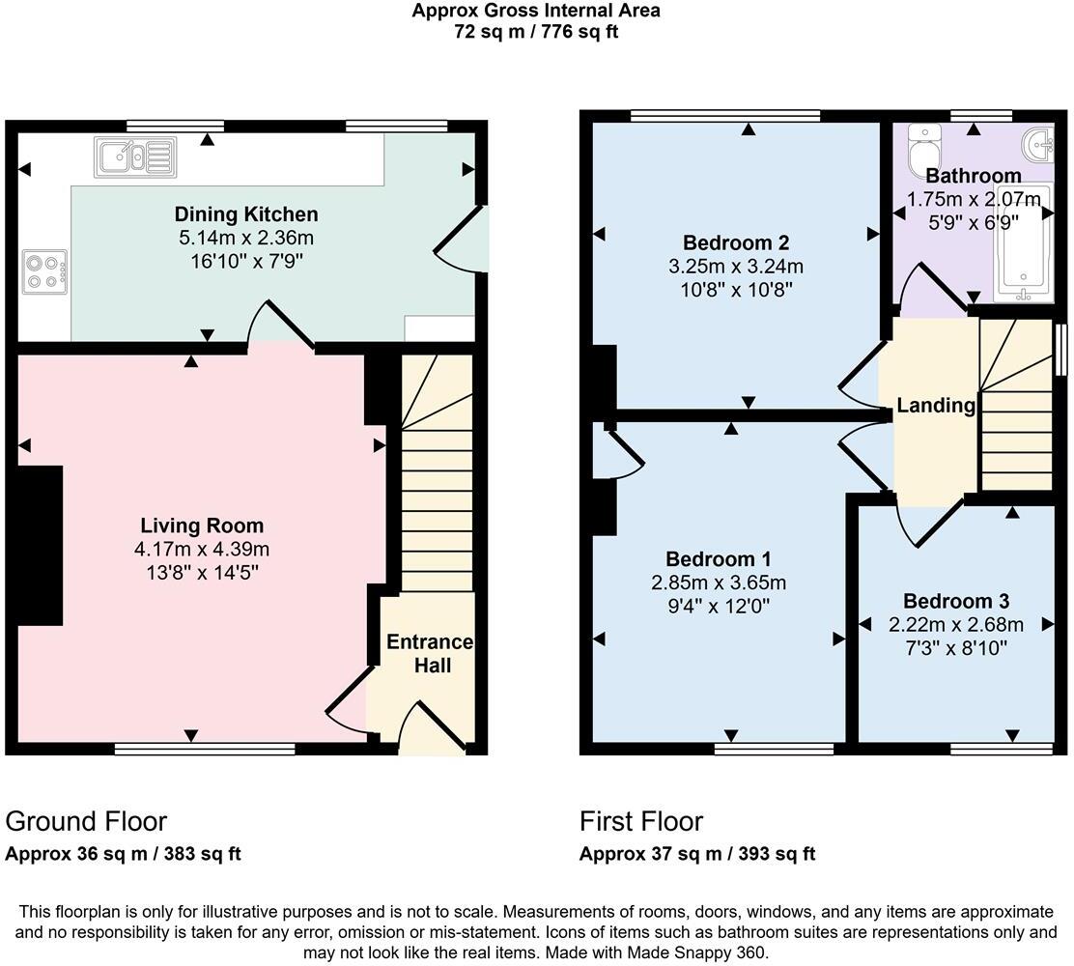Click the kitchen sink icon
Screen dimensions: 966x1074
135,156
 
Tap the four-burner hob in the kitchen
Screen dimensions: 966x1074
44,270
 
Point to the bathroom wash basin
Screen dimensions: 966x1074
1037,144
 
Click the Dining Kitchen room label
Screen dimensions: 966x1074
245,214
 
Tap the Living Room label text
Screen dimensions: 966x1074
202,526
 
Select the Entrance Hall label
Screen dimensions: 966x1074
430,654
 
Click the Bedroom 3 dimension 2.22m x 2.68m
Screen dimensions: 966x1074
955,625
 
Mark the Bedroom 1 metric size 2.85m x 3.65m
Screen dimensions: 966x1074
718,582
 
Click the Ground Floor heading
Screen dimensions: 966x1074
86,821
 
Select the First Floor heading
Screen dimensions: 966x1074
640,821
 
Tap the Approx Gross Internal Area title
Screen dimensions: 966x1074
536,12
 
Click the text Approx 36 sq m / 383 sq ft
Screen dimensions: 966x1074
123,854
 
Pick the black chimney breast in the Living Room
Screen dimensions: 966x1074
40,546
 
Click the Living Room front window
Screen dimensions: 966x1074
204,748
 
